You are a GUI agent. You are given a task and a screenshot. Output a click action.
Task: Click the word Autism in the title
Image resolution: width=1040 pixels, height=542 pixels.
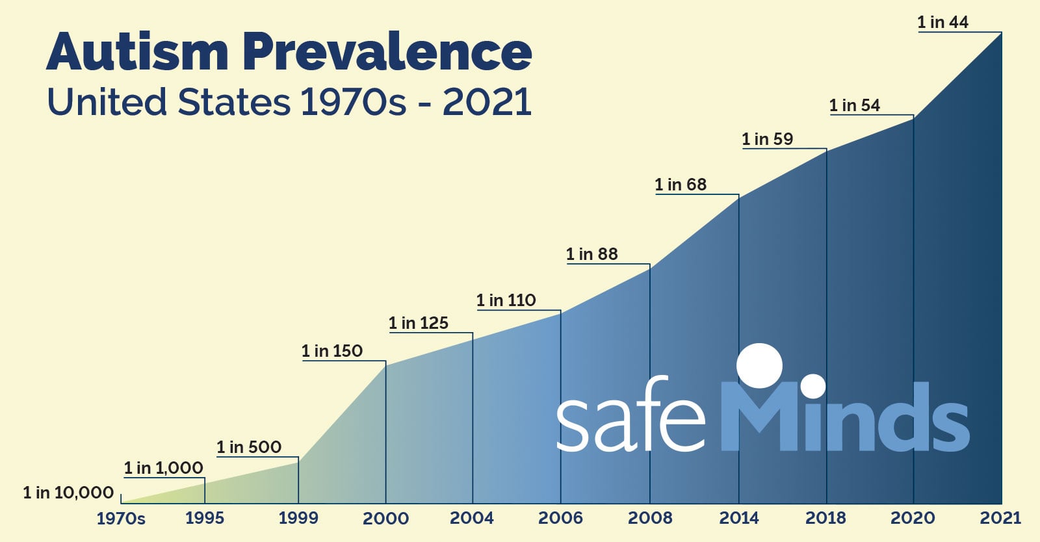(x=137, y=52)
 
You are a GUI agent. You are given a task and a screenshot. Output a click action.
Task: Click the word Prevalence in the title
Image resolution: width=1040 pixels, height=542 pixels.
(x=387, y=52)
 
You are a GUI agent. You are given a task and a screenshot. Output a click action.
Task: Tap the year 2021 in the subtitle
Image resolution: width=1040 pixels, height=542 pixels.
(x=487, y=103)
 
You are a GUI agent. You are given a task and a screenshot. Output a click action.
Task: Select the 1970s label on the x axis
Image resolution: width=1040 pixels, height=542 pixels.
(x=121, y=519)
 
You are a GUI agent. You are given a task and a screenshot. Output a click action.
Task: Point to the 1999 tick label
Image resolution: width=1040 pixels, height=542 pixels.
(x=298, y=518)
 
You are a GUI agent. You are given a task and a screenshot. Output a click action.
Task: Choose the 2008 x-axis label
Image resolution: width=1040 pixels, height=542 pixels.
(x=650, y=518)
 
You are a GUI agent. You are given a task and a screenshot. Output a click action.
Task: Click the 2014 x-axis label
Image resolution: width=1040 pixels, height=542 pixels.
(x=739, y=518)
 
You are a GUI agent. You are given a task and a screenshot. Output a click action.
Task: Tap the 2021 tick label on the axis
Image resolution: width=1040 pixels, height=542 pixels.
(x=1001, y=518)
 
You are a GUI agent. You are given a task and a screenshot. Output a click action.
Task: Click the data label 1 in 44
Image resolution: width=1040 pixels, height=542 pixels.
(x=942, y=22)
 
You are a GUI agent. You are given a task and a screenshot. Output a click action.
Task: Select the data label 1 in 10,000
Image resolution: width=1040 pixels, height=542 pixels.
(x=68, y=493)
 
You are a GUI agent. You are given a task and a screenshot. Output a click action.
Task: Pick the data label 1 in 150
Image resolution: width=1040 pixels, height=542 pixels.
(x=332, y=351)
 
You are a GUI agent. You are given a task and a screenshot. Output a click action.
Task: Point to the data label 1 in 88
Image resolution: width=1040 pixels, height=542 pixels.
(x=591, y=254)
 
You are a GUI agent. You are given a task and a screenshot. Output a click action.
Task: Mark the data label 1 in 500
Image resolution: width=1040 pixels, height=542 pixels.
(x=249, y=447)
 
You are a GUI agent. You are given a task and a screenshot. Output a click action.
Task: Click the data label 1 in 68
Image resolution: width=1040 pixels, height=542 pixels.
(x=681, y=185)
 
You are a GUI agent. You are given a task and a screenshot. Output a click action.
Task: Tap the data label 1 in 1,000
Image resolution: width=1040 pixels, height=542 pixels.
(x=164, y=468)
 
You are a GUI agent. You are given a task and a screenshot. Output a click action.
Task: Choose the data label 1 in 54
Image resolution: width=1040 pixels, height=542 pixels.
(x=855, y=105)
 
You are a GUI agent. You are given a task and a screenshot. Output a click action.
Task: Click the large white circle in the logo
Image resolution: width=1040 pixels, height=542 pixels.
(x=760, y=365)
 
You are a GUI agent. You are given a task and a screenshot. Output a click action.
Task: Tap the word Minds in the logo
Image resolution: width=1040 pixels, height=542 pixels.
(x=845, y=416)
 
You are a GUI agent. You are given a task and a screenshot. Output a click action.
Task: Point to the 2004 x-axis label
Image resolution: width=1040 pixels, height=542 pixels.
(x=472, y=518)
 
